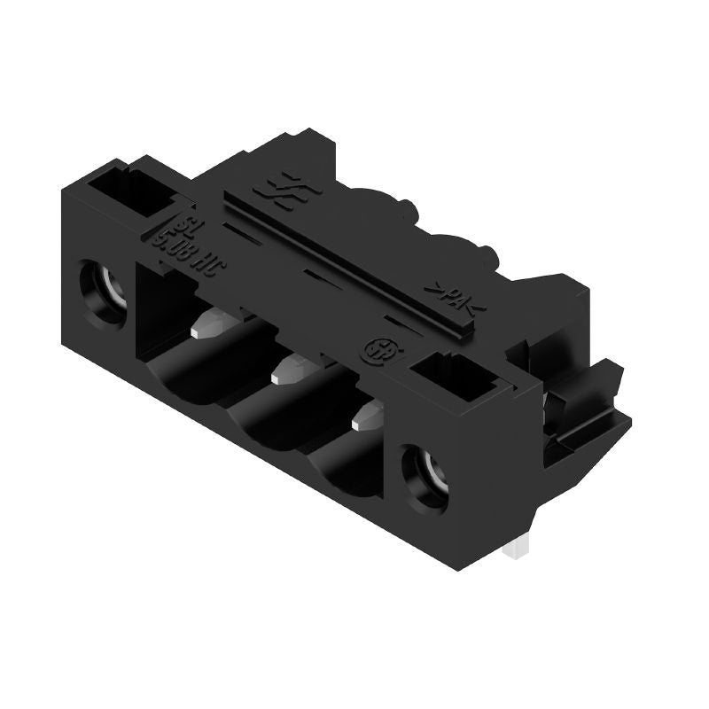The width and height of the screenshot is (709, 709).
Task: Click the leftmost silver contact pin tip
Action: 206,321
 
